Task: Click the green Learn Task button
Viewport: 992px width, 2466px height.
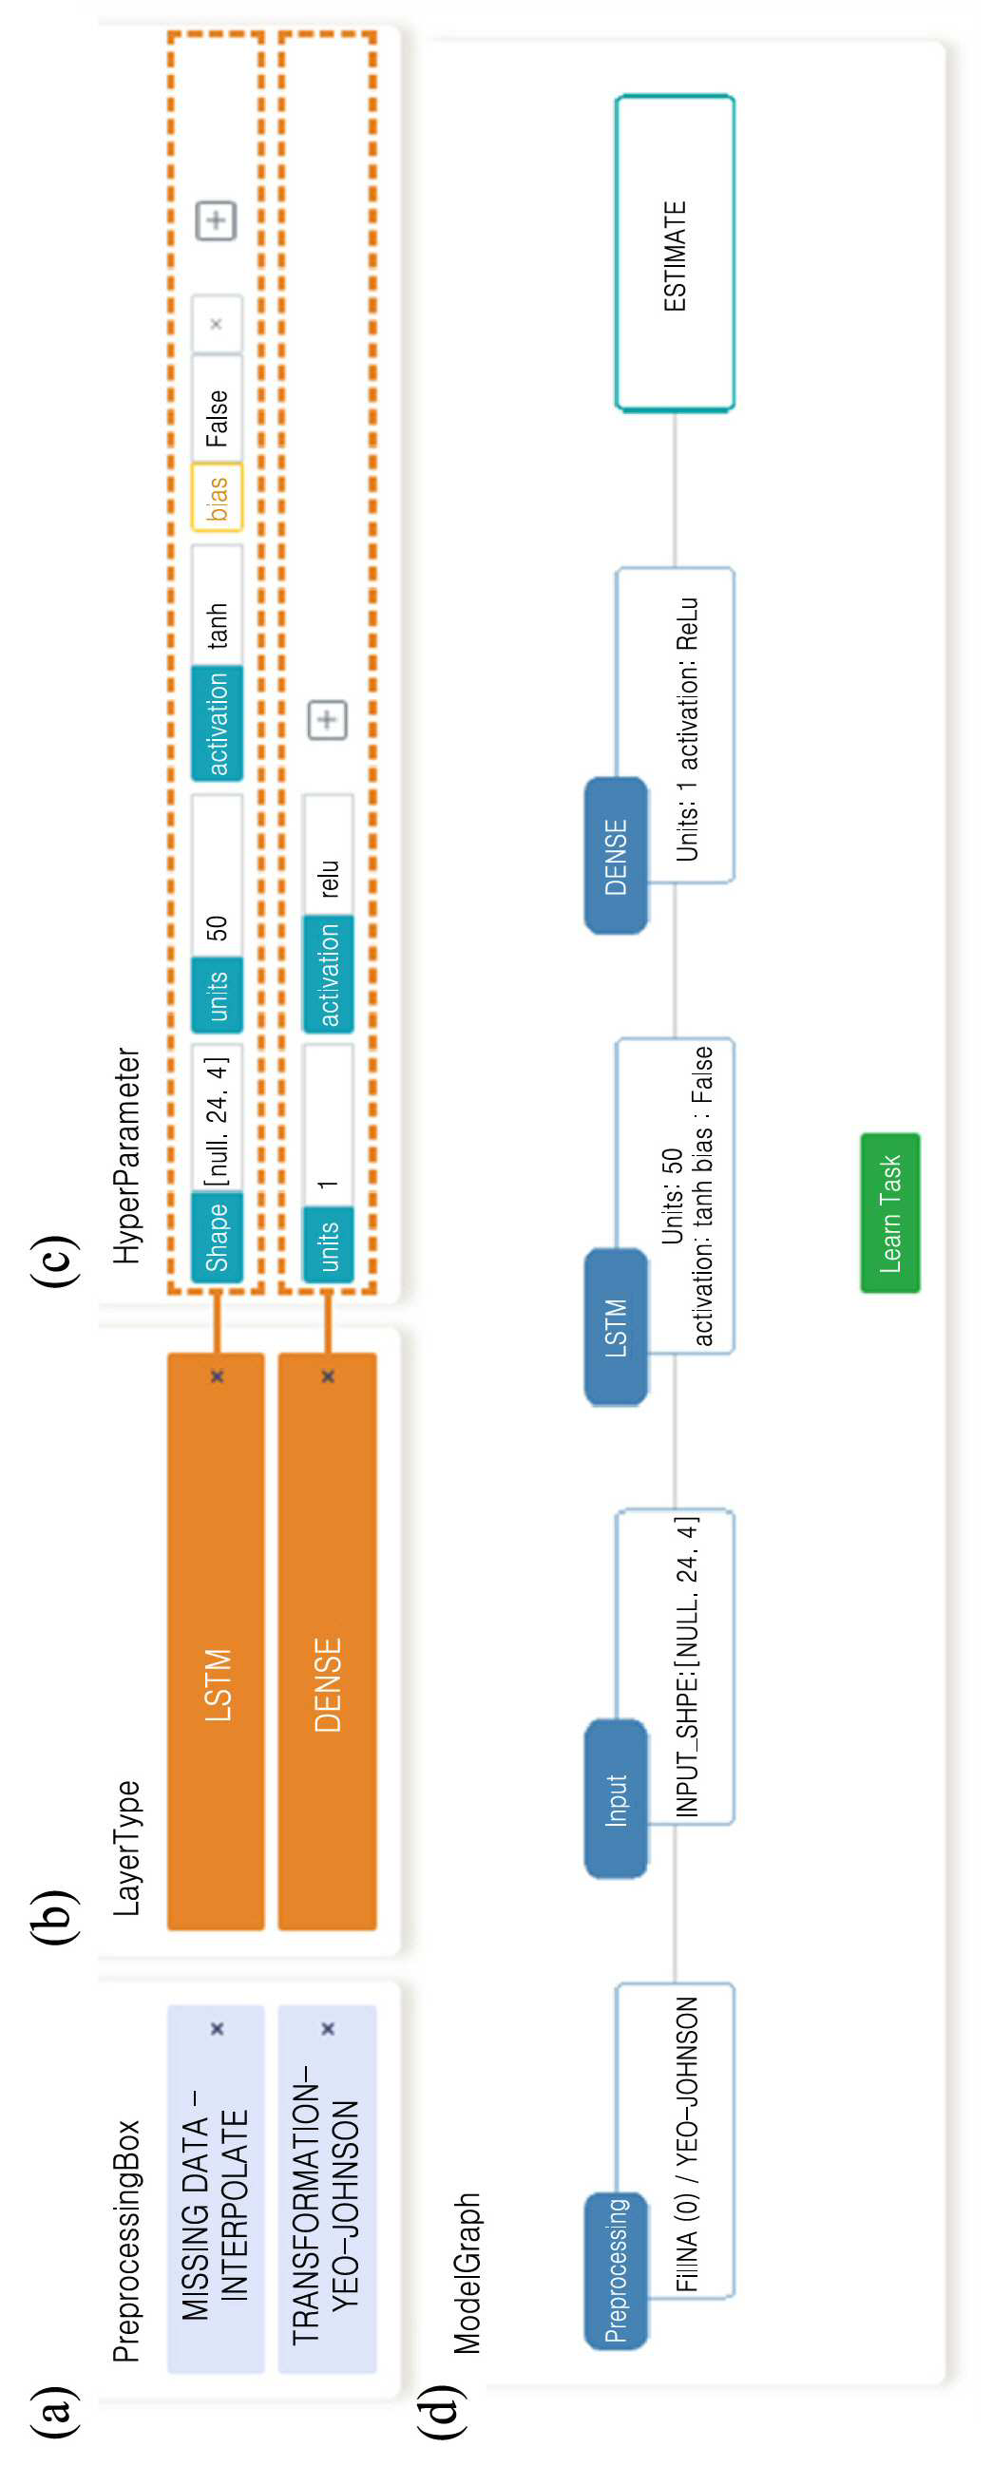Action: click(889, 1213)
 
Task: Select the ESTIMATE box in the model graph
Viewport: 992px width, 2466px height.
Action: click(674, 254)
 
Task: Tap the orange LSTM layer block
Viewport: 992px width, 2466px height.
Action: click(216, 1641)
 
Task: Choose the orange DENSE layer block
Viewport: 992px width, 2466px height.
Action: click(328, 1641)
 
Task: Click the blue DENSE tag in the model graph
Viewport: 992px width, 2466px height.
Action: click(616, 856)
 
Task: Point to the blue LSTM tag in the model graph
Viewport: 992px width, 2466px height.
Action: click(616, 1327)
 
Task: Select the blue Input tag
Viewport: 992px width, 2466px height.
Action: click(616, 1799)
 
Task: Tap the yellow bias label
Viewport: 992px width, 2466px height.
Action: click(218, 498)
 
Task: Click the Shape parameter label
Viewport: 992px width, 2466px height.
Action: click(218, 1237)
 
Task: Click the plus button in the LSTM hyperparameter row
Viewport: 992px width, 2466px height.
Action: click(217, 220)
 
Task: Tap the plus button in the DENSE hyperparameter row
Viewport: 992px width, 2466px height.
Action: click(328, 720)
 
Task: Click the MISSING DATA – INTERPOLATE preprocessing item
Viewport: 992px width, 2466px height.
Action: click(216, 2190)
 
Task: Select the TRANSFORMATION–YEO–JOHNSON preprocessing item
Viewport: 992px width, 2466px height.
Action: click(328, 2190)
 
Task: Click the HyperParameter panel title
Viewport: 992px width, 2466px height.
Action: click(127, 1155)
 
